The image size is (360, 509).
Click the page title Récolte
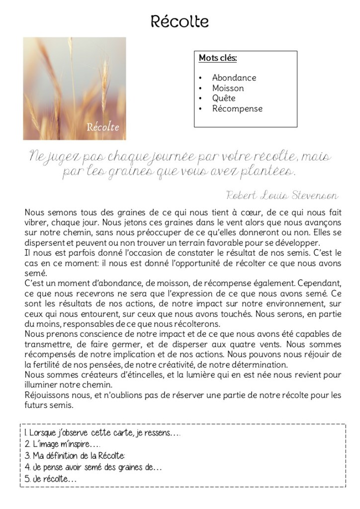tap(180, 22)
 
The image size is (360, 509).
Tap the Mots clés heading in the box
tap(217, 58)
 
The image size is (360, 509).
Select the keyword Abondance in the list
tap(234, 78)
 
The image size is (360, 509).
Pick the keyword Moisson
tap(228, 88)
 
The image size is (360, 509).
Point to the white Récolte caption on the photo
tap(103, 126)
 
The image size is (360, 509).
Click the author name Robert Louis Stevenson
tap(282, 195)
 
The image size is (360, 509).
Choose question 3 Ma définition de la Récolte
tap(75, 456)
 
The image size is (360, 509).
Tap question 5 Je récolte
tap(51, 479)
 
